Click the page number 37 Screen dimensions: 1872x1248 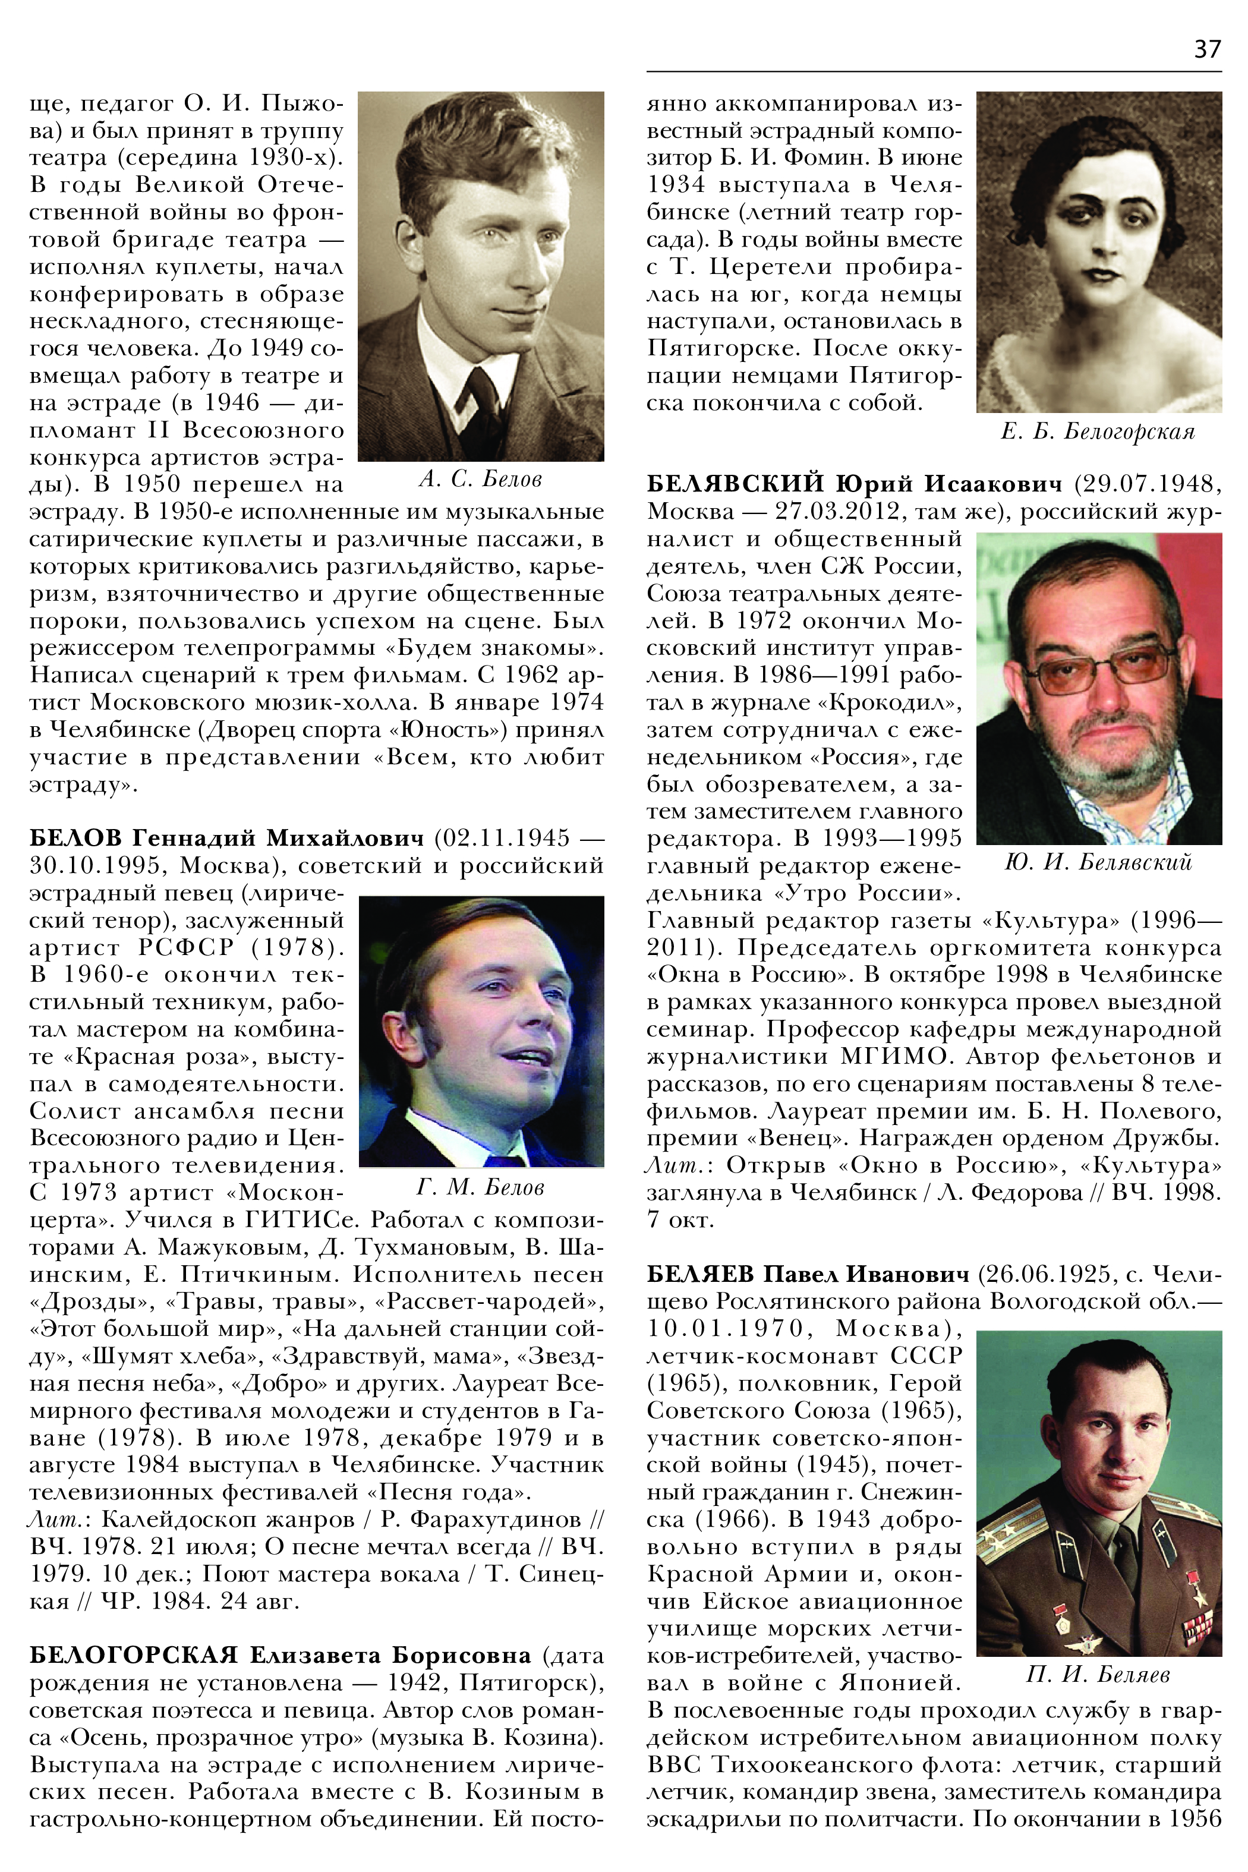(1206, 49)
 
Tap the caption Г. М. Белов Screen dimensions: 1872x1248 (480, 1187)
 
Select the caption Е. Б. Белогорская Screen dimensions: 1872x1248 (1098, 432)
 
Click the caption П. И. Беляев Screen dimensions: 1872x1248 (1098, 1675)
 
